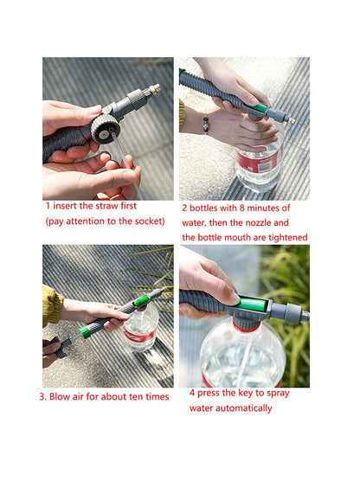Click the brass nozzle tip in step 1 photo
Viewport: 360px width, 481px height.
coord(154,89)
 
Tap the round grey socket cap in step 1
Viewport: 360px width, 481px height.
coord(105,131)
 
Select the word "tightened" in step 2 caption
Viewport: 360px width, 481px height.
coord(284,237)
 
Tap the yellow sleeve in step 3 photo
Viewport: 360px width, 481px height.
coord(52,305)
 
